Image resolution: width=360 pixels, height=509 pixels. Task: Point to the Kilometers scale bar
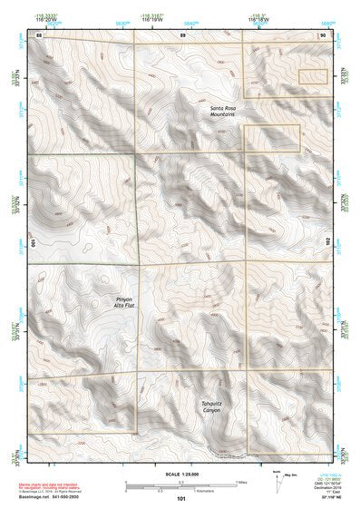pos(181,488)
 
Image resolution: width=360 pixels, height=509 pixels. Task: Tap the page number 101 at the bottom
pos(181,498)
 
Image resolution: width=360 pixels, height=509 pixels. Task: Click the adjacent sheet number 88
pos(39,34)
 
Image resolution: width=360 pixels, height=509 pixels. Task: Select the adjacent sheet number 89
pos(181,34)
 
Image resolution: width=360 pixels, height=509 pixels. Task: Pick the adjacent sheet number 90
pos(323,34)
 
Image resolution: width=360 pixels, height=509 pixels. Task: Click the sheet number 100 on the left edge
pos(34,244)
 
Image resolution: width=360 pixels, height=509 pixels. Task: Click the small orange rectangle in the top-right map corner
pos(313,78)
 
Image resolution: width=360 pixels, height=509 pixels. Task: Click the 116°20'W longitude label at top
pos(39,18)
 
